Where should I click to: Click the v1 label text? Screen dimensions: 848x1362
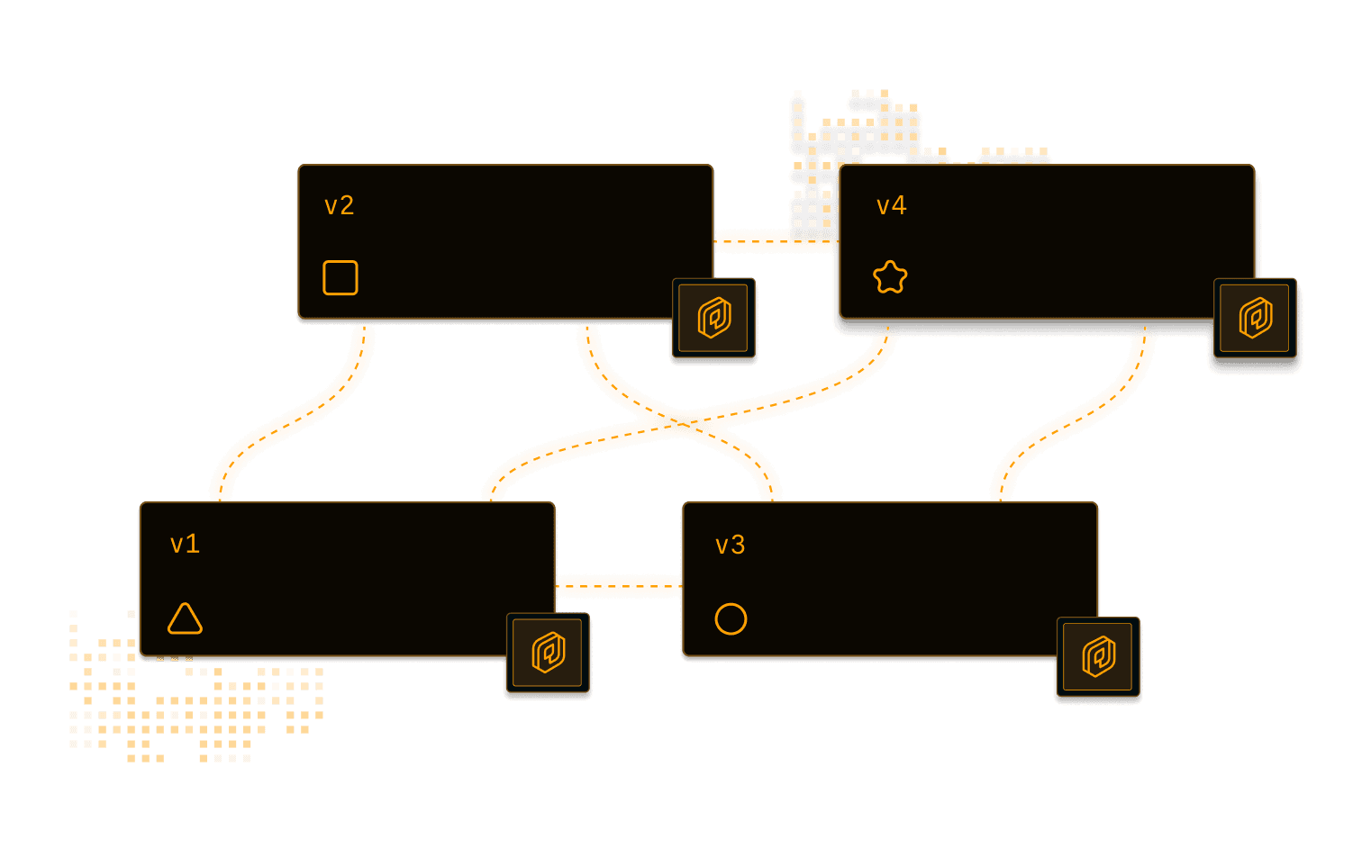click(185, 544)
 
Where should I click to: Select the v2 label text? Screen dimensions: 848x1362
click(339, 206)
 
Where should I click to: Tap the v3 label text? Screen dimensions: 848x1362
click(730, 545)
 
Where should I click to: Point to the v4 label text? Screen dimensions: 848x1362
click(891, 206)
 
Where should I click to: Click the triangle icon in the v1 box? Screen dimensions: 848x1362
click(185, 619)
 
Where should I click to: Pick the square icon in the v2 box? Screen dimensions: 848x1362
click(340, 277)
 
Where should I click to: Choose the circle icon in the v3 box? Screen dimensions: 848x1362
click(731, 619)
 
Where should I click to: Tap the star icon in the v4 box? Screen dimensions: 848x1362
click(890, 277)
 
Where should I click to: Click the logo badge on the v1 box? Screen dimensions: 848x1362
click(548, 654)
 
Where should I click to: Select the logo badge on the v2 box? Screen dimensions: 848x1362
click(714, 319)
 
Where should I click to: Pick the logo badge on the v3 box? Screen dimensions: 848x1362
click(1098, 657)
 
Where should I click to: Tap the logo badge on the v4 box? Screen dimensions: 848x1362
click(1256, 319)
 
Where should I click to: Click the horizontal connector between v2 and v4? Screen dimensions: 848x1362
click(775, 240)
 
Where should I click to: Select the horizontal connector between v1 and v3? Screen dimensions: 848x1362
click(619, 586)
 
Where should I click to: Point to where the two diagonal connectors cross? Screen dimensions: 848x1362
click(684, 422)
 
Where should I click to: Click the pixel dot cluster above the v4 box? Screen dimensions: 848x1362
click(856, 144)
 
